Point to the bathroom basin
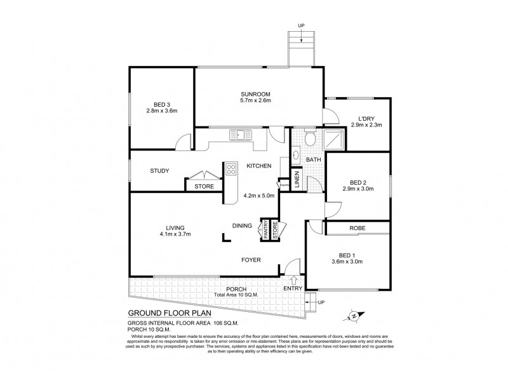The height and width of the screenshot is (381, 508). pos(297,154)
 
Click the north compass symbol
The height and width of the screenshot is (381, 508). pos(354,314)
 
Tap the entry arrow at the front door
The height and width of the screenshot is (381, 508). pos(293,278)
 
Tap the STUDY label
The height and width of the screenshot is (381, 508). pos(159,170)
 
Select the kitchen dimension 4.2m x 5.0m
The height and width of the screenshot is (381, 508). pos(259,196)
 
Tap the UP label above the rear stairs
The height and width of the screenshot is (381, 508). pos(301,26)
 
